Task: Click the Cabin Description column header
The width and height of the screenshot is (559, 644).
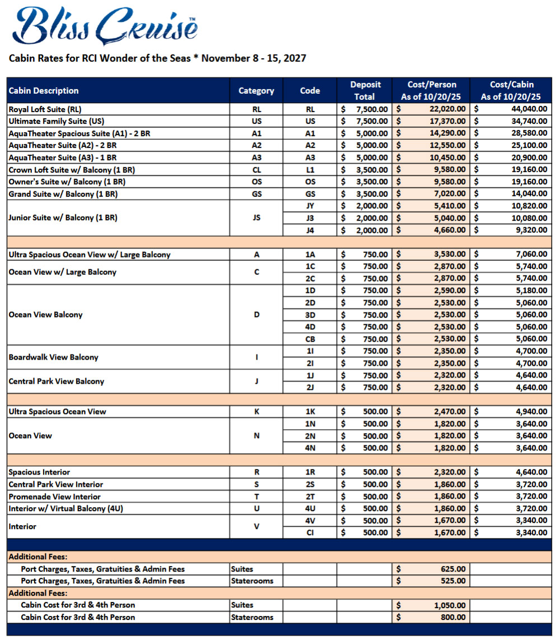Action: point(44,91)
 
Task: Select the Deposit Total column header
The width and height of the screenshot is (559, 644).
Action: point(365,91)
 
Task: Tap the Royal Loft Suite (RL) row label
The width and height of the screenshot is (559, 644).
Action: point(49,109)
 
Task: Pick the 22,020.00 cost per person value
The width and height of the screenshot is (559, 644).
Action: point(444,109)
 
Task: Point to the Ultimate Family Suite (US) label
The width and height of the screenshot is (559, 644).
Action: point(56,121)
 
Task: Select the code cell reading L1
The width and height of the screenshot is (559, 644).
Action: point(310,170)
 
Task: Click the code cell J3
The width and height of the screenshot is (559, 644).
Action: point(310,218)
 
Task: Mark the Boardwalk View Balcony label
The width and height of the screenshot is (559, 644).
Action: point(53,357)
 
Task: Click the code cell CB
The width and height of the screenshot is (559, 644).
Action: point(310,339)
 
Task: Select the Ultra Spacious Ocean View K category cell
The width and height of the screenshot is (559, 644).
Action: point(257,412)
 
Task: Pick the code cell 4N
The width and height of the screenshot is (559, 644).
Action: point(310,448)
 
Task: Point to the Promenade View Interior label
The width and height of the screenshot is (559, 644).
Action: point(55,496)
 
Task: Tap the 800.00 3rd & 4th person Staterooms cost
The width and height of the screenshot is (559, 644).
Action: point(453,618)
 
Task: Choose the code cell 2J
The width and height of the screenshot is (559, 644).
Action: point(310,387)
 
